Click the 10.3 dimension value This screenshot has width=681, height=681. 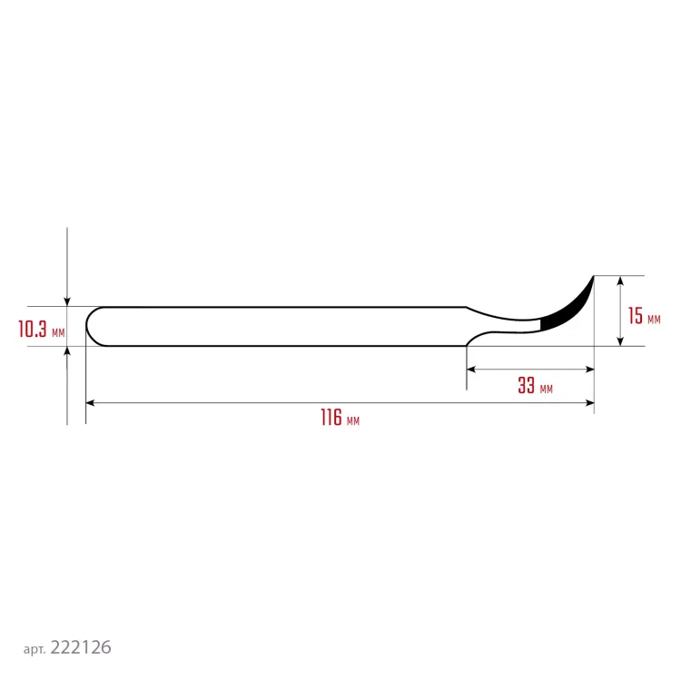(32, 329)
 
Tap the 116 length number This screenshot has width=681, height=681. (331, 418)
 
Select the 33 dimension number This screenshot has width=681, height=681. (526, 385)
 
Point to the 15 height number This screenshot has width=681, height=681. (636, 316)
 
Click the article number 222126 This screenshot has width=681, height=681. (81, 647)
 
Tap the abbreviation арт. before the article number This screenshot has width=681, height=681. (35, 650)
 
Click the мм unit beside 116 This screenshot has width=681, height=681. (353, 421)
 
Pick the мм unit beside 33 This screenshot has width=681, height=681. (547, 390)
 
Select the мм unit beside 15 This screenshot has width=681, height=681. (654, 321)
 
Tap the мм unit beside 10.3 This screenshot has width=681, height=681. (58, 333)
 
